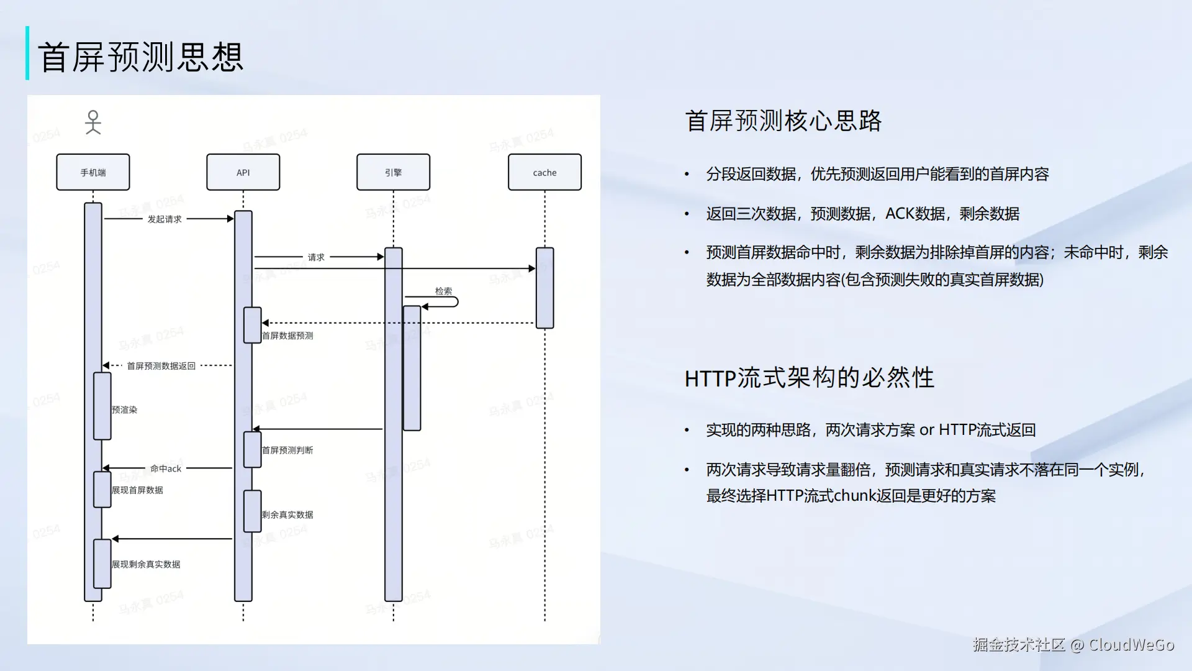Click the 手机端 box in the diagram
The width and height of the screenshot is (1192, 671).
point(93,172)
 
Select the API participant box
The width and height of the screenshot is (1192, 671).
point(243,172)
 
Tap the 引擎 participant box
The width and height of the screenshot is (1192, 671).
point(393,172)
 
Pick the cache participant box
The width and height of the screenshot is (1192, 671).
point(544,172)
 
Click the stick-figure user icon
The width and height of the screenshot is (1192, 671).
point(93,122)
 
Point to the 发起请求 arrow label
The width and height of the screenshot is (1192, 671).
point(165,219)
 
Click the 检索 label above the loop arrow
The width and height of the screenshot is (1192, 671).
point(443,291)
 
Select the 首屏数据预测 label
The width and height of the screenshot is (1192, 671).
point(287,335)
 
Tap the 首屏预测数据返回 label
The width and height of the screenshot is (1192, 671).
point(161,366)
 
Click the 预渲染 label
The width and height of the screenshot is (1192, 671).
point(124,410)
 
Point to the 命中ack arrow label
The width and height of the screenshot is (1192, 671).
point(166,468)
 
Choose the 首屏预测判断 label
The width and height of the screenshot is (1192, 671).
point(287,450)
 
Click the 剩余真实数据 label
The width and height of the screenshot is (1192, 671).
point(287,514)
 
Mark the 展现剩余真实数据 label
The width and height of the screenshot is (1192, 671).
point(146,564)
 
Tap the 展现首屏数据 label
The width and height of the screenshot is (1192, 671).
point(137,490)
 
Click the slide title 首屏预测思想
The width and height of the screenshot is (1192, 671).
point(141,57)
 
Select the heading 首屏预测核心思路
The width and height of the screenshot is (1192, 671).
point(783,121)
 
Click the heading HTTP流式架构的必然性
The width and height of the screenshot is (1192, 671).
point(809,378)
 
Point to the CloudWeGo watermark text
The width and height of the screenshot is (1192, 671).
point(1131,645)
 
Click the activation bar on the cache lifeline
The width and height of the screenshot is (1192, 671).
point(544,288)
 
